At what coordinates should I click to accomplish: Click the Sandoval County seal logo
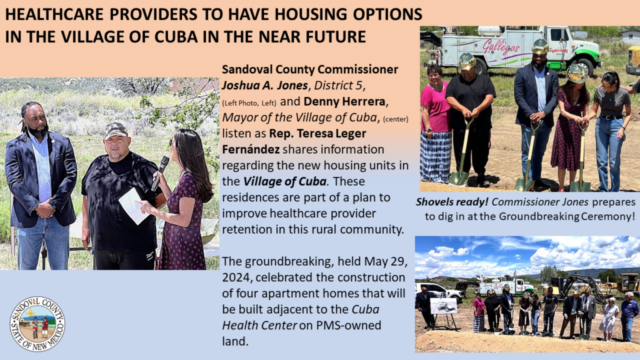point(37,324)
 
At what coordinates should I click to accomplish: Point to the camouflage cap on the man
point(116,130)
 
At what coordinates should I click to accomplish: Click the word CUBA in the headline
point(176,36)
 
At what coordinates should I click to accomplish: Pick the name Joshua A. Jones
point(265,85)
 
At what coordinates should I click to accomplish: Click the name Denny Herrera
point(344,101)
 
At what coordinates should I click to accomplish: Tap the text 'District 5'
point(338,85)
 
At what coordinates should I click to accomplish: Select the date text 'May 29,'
point(386,261)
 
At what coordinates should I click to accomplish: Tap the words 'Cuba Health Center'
point(301,317)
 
